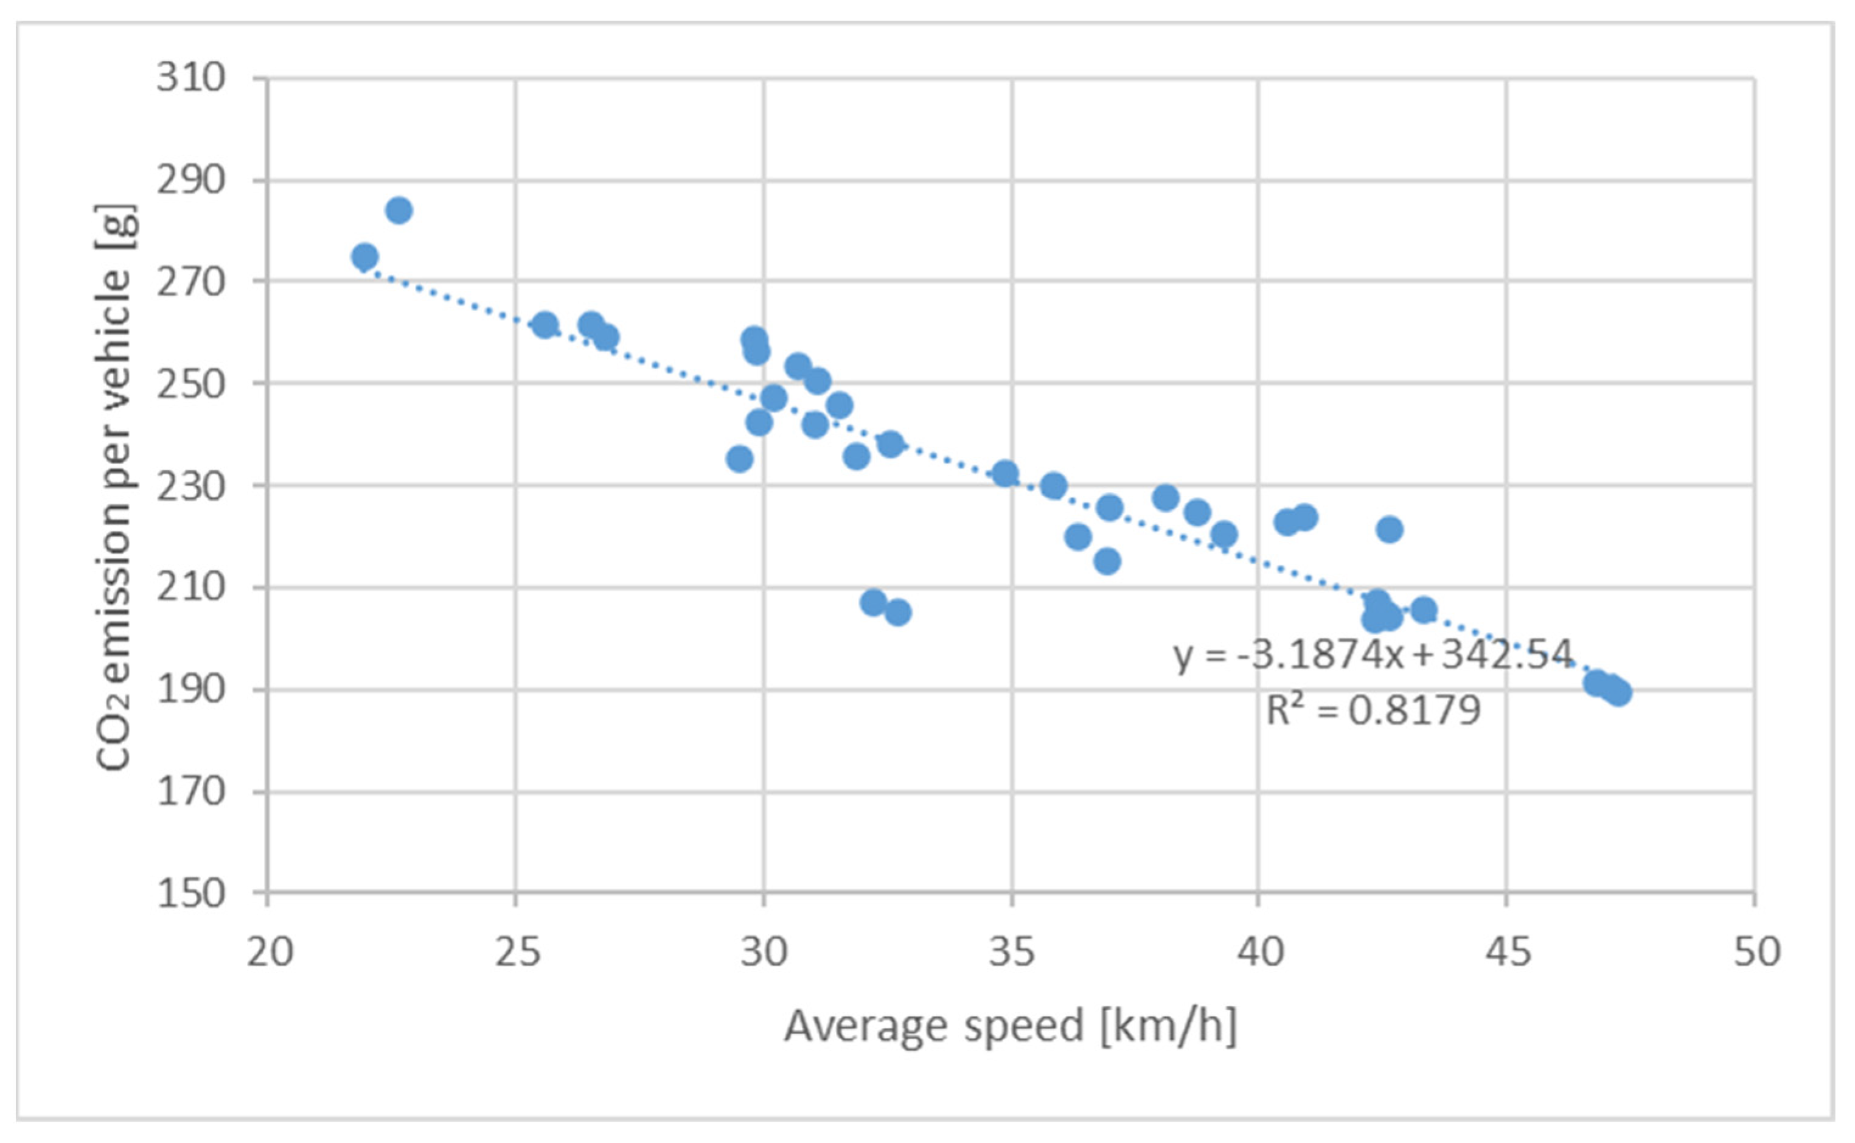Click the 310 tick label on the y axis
[190, 78]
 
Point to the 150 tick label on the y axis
[190, 894]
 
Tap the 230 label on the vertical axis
[190, 486]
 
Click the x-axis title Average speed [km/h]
[1010, 1027]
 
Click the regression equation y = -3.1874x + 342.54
[1372, 654]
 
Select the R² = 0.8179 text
[1373, 710]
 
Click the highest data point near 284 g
[398, 210]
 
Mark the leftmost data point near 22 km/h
[364, 257]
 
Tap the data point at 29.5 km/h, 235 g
[739, 459]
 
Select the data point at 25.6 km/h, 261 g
[545, 325]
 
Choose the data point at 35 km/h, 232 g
[1004, 474]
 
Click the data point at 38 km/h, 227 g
[1166, 498]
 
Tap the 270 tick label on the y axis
[190, 282]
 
